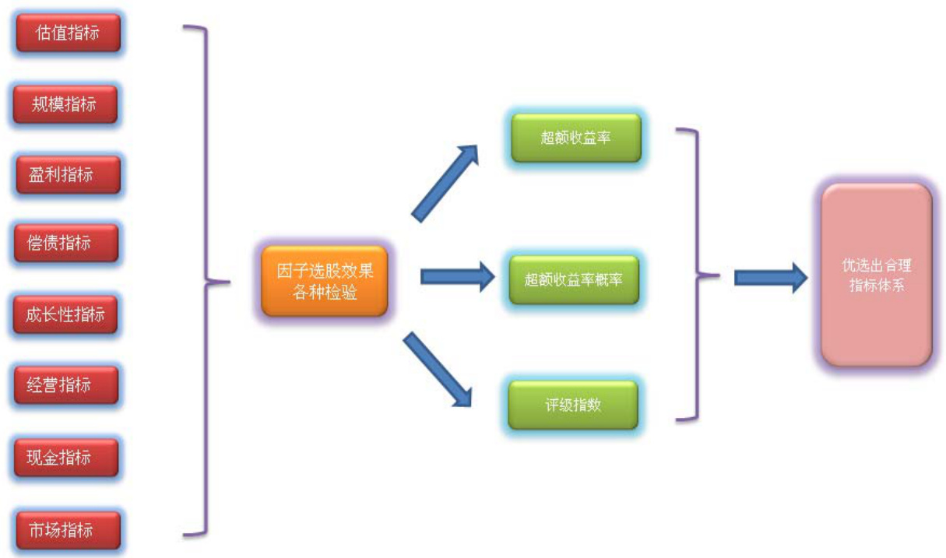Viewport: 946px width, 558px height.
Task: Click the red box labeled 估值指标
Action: click(68, 33)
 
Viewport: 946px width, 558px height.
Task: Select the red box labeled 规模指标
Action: click(65, 104)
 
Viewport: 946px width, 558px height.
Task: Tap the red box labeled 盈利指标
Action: click(68, 174)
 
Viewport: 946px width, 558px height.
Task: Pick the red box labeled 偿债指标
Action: click(65, 244)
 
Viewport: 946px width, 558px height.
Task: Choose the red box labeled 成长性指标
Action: click(65, 314)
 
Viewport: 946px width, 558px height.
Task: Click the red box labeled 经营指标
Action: click(65, 384)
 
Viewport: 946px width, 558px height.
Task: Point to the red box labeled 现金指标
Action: click(65, 457)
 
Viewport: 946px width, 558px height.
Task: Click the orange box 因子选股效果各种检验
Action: click(324, 282)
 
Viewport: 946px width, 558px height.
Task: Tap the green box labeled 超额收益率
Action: click(575, 139)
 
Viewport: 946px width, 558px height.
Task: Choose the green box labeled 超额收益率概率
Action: click(574, 279)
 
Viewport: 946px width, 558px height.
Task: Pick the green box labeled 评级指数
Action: click(572, 405)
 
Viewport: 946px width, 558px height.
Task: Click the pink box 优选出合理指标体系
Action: click(876, 275)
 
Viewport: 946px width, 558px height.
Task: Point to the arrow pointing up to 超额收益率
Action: click(445, 181)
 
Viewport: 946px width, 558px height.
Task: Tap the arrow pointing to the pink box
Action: click(770, 276)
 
